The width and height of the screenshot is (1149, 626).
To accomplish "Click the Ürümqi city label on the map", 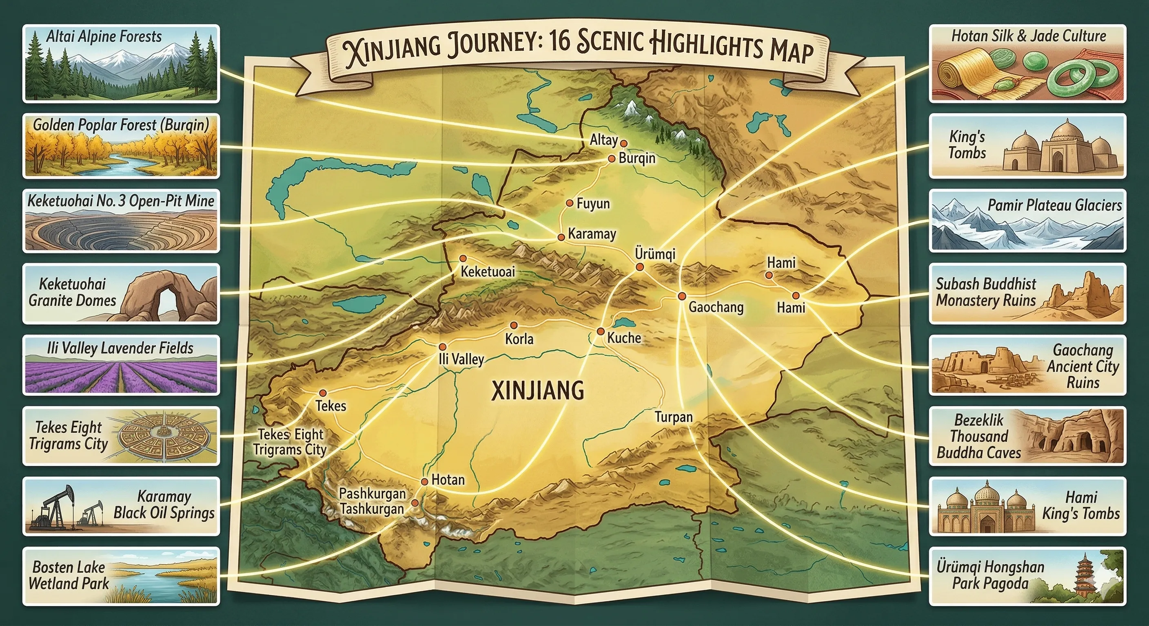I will [655, 254].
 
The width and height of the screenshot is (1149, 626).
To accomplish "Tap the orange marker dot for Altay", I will [624, 143].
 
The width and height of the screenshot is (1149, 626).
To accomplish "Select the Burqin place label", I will [637, 158].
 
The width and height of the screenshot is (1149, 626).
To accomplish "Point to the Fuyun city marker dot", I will [570, 203].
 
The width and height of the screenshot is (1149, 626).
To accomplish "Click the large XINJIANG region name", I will [537, 391].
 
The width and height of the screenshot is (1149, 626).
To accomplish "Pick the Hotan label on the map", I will [448, 480].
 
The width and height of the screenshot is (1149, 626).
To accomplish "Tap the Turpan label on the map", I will [674, 417].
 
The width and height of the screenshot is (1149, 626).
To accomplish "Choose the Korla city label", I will [519, 339].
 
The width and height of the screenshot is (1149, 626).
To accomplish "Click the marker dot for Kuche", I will [601, 331].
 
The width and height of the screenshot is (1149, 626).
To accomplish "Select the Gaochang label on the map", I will [716, 307].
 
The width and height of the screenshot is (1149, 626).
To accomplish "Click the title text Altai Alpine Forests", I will [104, 37].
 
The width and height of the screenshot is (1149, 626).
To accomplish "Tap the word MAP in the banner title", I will [791, 51].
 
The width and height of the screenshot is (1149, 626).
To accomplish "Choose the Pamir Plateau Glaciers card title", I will [1054, 205].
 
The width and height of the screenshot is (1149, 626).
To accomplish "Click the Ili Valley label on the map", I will [461, 359].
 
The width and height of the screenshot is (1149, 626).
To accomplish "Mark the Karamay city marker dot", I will [561, 238].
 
